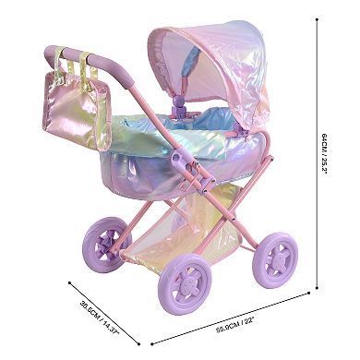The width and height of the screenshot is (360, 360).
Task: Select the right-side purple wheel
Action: (275, 260)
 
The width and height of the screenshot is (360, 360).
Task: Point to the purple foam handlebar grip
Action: (90, 63)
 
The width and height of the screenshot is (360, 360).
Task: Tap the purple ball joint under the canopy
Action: (177, 101)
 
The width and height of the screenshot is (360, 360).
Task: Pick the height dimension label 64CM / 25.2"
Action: (324, 154)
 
